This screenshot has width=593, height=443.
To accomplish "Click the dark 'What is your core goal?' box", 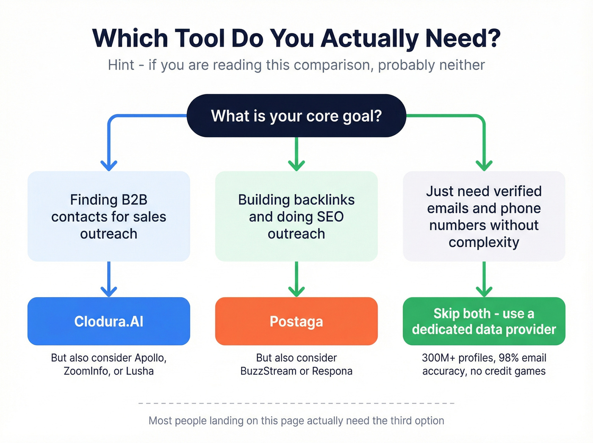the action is point(296,116).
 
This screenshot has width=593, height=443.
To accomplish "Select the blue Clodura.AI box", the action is point(108,321).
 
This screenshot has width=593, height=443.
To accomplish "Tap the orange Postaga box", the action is point(296,321).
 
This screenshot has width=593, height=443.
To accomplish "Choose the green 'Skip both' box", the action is point(484,321).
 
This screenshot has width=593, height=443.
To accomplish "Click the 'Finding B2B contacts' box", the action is point(108,216).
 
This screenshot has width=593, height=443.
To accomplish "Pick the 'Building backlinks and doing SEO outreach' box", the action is point(296,216).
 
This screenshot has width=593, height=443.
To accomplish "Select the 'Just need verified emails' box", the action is point(484,216).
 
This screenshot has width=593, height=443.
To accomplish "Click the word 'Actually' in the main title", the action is point(370,39).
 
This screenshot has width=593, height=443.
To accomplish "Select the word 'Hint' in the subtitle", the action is point(121,65).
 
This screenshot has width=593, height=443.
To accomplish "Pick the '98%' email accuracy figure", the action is point(509,358).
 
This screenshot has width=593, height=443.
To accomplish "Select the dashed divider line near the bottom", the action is point(296,403).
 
